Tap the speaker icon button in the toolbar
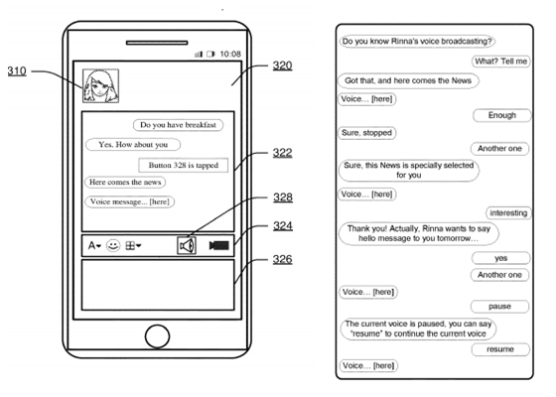[x=186, y=244]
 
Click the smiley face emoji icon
[x=113, y=245]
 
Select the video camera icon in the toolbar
[x=219, y=245]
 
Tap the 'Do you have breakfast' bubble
[x=179, y=125]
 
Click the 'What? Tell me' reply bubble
[x=497, y=61]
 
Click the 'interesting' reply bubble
[x=508, y=213]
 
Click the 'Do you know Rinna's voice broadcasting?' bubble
[x=417, y=43]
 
